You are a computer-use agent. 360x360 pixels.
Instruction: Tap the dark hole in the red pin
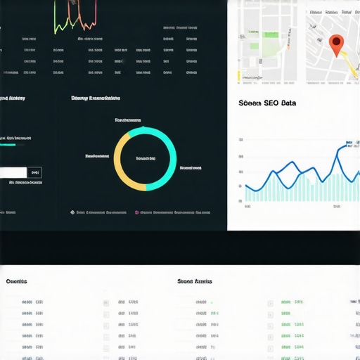tap(337, 42)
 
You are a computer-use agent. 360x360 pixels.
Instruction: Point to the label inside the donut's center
tap(146, 158)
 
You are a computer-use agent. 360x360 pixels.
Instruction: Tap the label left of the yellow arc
tap(97, 155)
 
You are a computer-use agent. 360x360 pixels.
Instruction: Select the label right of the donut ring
tap(191, 168)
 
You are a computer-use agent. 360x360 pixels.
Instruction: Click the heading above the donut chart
tap(96, 99)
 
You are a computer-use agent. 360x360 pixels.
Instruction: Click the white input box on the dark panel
tap(13, 172)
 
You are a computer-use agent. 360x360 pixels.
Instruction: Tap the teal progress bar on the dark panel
tap(8, 145)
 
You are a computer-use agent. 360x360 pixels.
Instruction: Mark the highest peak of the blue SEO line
tap(349, 145)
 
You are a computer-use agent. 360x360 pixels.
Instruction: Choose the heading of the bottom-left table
tap(16, 281)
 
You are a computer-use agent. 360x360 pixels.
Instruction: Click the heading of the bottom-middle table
tap(195, 281)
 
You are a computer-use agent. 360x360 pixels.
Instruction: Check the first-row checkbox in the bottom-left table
tap(106, 303)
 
